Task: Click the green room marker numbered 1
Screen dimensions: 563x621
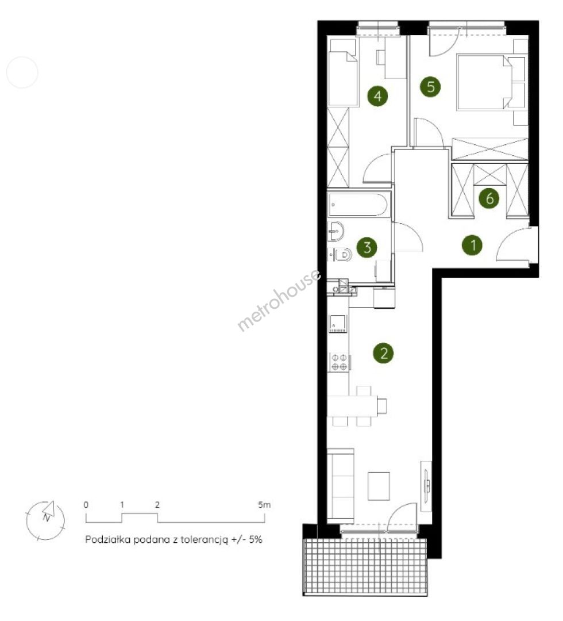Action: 473,245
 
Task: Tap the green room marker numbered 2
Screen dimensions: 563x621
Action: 383,352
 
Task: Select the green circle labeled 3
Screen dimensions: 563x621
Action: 367,247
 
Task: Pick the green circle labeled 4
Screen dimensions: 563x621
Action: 378,96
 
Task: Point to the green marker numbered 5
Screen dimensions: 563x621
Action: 431,87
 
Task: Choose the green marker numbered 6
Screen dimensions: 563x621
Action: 489,198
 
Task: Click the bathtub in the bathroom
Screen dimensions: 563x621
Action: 358,204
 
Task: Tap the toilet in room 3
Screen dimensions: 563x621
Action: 341,254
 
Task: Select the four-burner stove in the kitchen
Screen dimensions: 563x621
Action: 339,362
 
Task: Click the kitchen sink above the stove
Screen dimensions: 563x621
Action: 338,323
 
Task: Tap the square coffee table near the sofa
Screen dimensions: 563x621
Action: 379,486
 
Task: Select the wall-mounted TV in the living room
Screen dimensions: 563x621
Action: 426,486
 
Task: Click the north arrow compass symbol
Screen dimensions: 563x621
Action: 45,520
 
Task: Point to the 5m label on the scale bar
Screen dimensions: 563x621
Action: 264,505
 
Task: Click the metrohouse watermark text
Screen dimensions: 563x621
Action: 279,300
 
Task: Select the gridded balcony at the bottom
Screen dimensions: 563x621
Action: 365,567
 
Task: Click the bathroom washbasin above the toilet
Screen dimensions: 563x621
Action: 336,231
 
